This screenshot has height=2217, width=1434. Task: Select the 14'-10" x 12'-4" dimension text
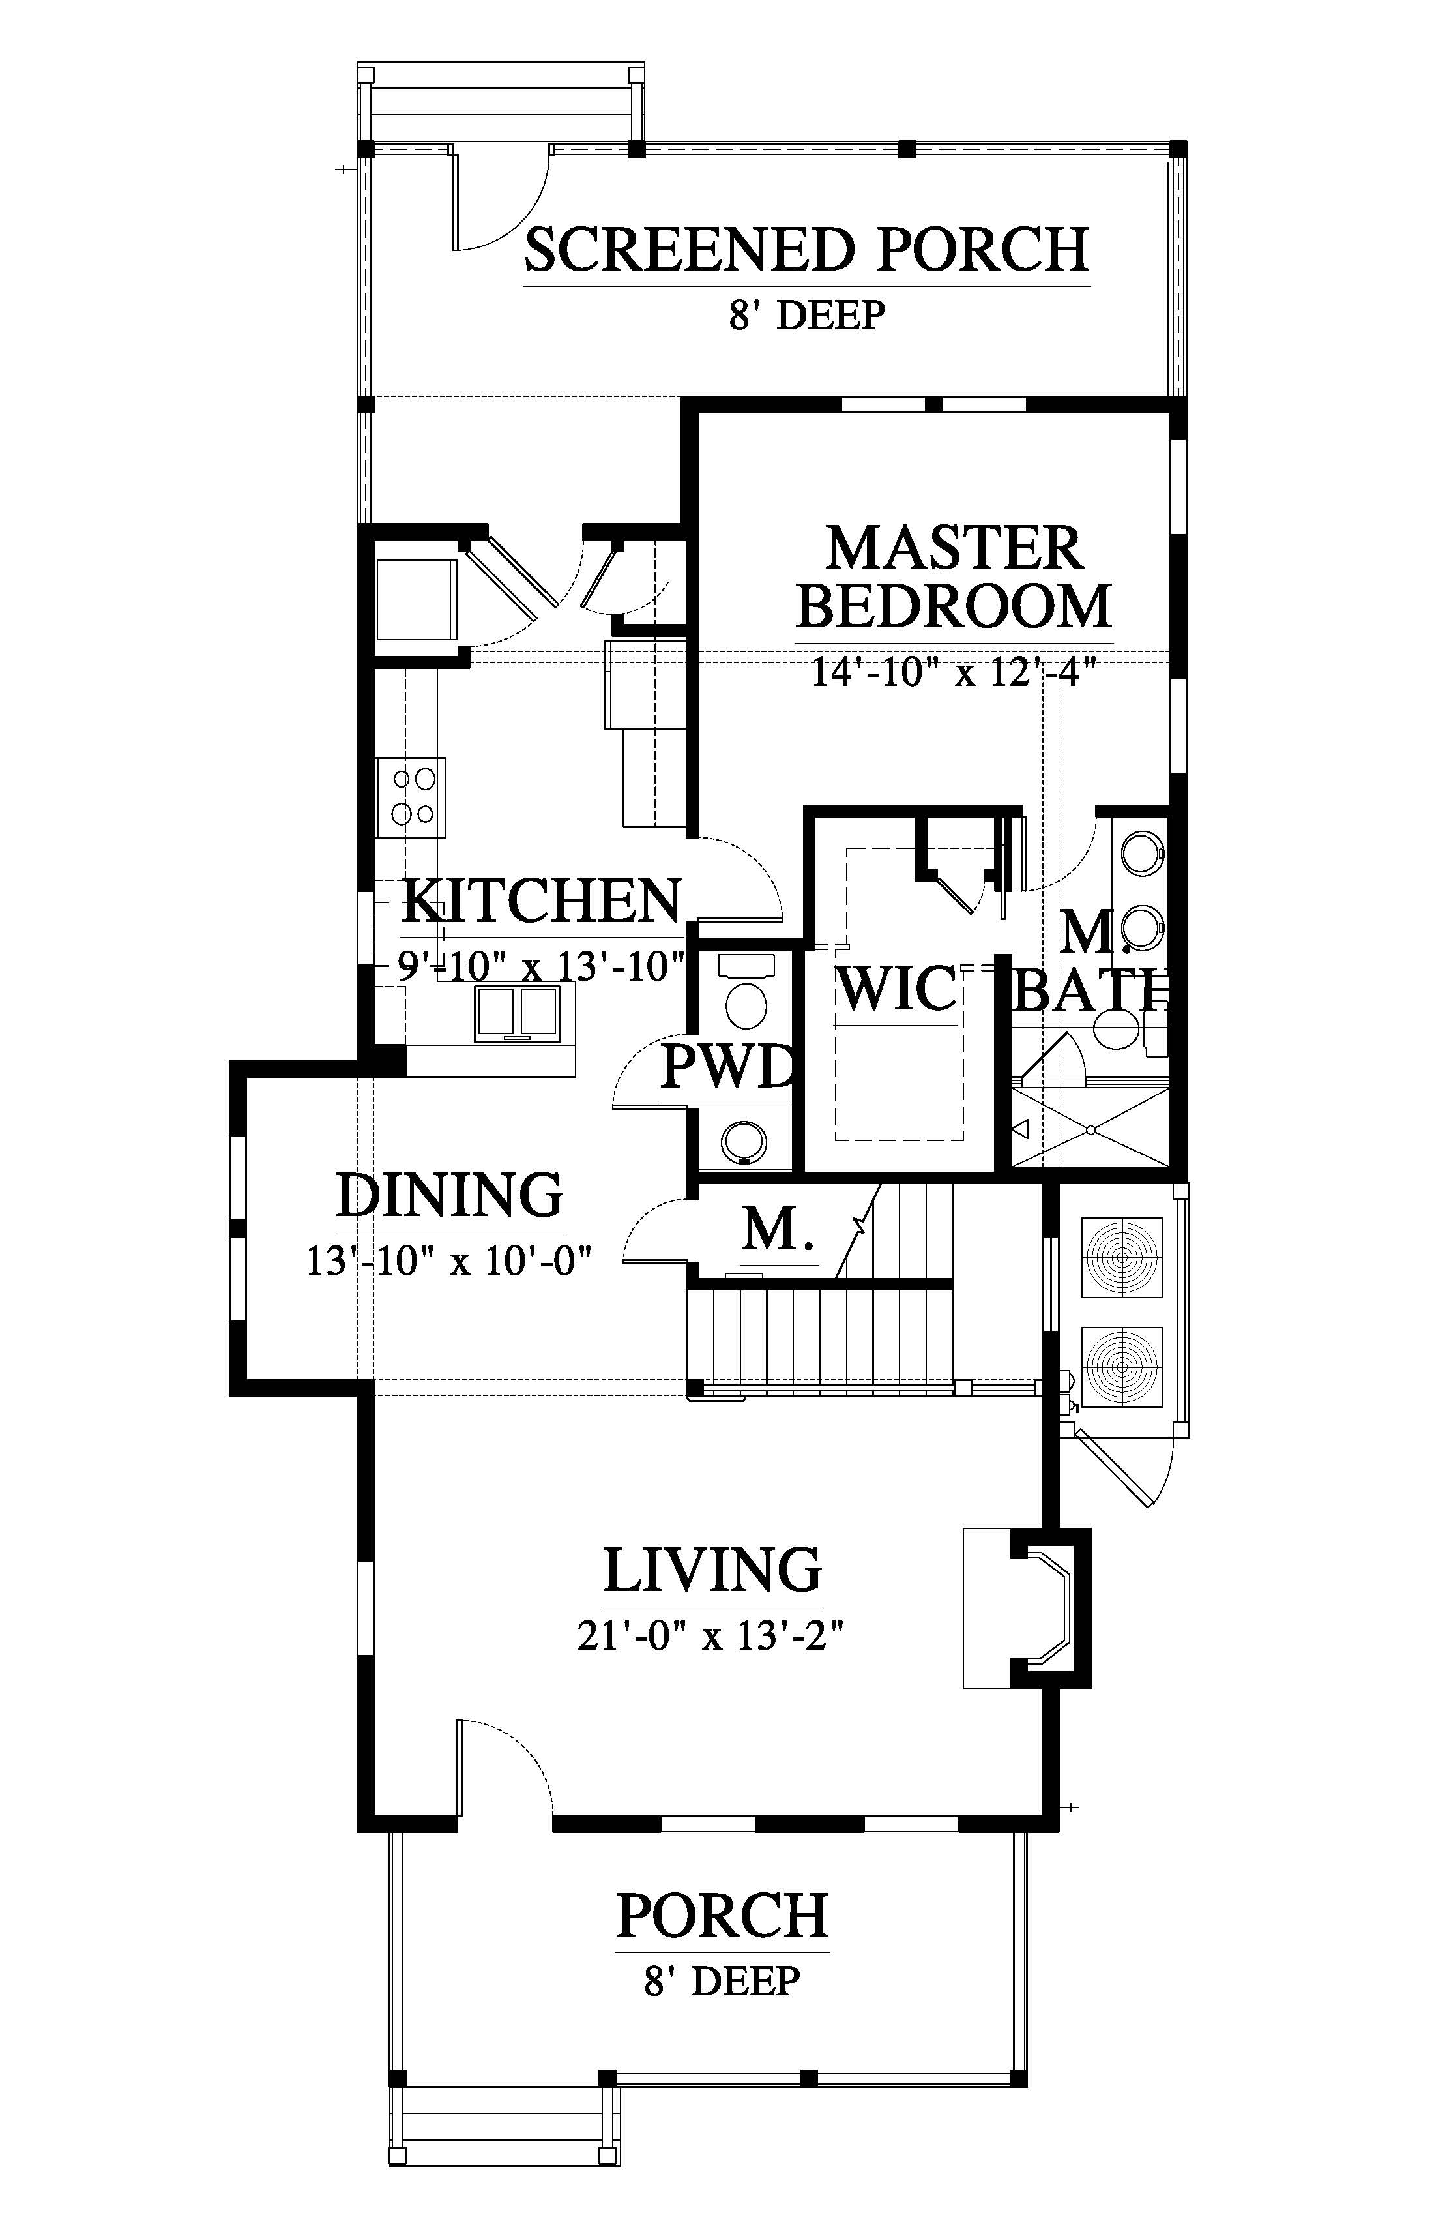click(x=950, y=671)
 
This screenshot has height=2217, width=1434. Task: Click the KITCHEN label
click(x=542, y=900)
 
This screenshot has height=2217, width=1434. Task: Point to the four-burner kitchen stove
click(x=411, y=797)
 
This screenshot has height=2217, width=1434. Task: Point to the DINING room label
click(x=450, y=1195)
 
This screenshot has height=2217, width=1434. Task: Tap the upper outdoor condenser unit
click(x=1122, y=1257)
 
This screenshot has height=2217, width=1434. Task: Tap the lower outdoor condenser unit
click(x=1122, y=1367)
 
